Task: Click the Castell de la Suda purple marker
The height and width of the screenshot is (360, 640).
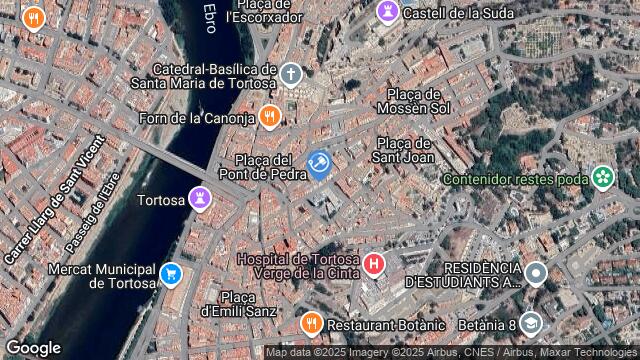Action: [386, 13]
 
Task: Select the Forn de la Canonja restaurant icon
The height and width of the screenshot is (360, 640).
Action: [269, 119]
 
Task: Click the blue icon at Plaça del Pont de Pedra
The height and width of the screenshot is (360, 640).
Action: [319, 164]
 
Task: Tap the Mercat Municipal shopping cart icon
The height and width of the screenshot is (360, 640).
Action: [171, 273]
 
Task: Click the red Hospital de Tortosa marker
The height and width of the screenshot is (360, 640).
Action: [374, 265]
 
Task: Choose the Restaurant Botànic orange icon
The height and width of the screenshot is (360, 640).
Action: [311, 324]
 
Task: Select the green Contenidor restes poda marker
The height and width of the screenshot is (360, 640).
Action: [602, 179]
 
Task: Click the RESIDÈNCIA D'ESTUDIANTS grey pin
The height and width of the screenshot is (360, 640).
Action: [536, 272]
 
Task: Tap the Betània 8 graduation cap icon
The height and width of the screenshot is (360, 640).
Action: [529, 323]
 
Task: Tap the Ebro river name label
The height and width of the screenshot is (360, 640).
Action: [209, 15]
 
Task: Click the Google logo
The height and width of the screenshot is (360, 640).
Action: [33, 347]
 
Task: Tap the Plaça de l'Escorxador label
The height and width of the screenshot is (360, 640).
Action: [264, 11]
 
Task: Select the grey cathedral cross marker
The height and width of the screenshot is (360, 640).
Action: [290, 74]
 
